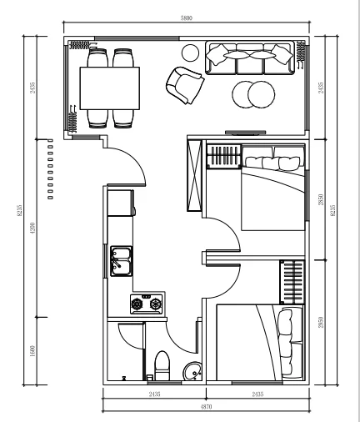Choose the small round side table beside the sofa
coord(190,53)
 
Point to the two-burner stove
coord(146,303)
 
